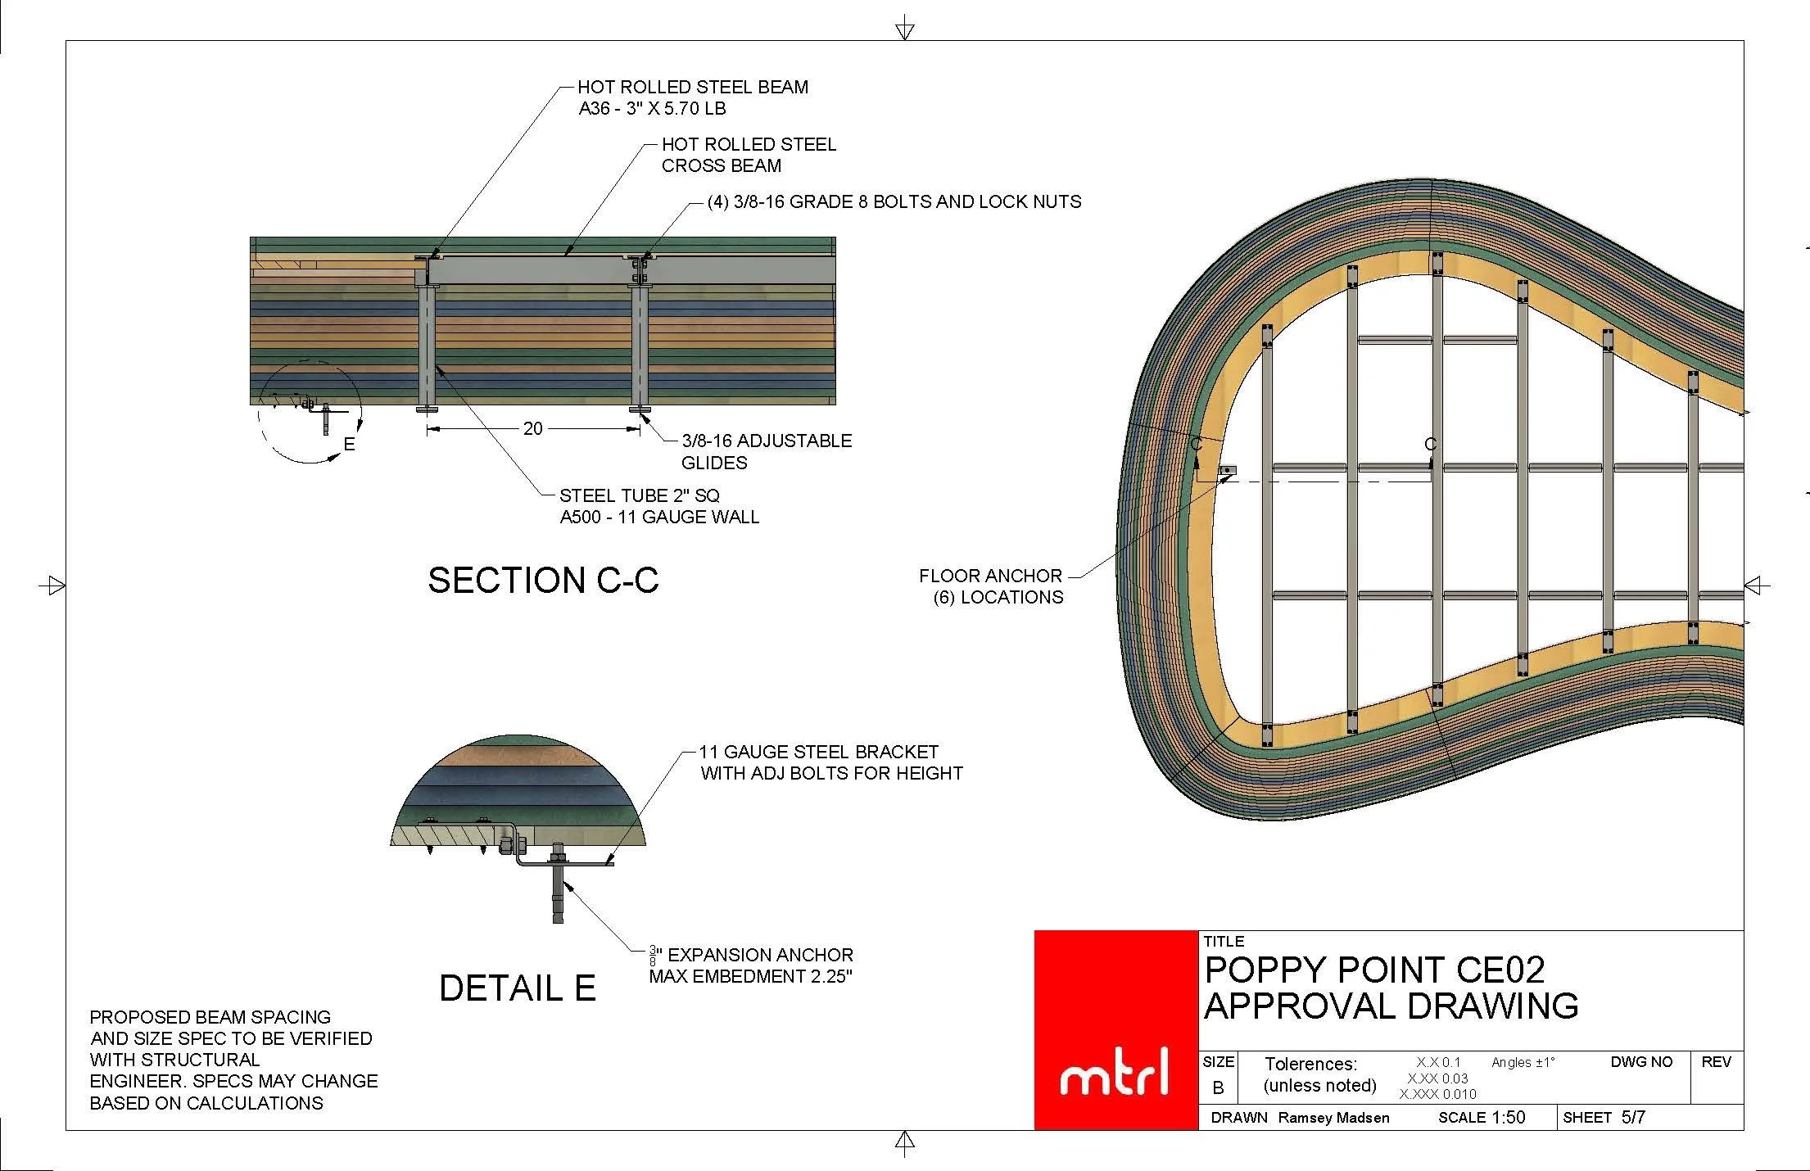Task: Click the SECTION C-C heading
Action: pos(543,581)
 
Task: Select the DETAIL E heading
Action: pos(517,988)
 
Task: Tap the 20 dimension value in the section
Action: pos(532,428)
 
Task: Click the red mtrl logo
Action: pos(1115,1030)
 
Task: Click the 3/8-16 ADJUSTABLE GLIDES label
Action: pos(766,451)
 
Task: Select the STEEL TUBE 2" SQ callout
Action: pos(658,506)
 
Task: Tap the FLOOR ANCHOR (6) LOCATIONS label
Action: pos(991,586)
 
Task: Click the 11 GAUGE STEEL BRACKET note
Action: pos(830,762)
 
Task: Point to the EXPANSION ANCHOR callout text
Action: pos(751,965)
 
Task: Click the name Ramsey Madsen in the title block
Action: pos(1333,1118)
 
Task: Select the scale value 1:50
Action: pos(1508,1118)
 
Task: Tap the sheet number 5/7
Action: pos(1633,1117)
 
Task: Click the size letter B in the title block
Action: pos(1218,1088)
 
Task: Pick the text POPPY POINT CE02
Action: pos(1374,970)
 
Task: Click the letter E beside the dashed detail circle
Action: pos(350,444)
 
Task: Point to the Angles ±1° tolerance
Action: pos(1523,1062)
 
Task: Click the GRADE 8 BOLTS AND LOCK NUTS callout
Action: pos(894,201)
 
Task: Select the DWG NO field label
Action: pos(1641,1062)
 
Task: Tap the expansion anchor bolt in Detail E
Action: pos(559,893)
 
